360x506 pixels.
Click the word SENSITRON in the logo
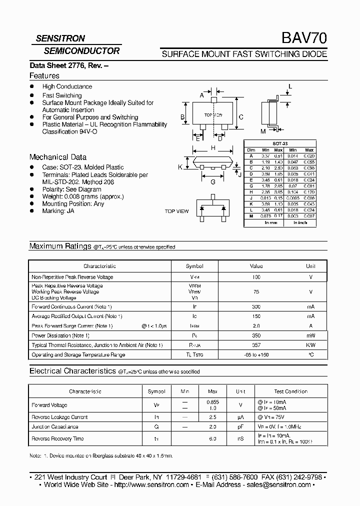60,38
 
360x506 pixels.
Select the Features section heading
44,76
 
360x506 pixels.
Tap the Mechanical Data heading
57,157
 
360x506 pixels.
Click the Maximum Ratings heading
60,246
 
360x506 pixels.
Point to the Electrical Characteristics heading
73,371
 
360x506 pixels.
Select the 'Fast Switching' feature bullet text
62,95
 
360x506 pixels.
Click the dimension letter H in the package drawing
213,148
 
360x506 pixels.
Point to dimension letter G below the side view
213,182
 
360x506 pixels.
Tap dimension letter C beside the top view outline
240,117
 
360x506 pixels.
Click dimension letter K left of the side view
180,167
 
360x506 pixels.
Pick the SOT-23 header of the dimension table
280,143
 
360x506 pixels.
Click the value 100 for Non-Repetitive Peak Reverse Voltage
256,277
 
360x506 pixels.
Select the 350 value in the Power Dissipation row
256,335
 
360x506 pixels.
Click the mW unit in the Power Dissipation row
310,335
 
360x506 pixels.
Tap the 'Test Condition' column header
291,391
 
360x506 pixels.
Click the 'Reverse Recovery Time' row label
58,438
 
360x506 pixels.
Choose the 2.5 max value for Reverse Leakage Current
212,417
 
